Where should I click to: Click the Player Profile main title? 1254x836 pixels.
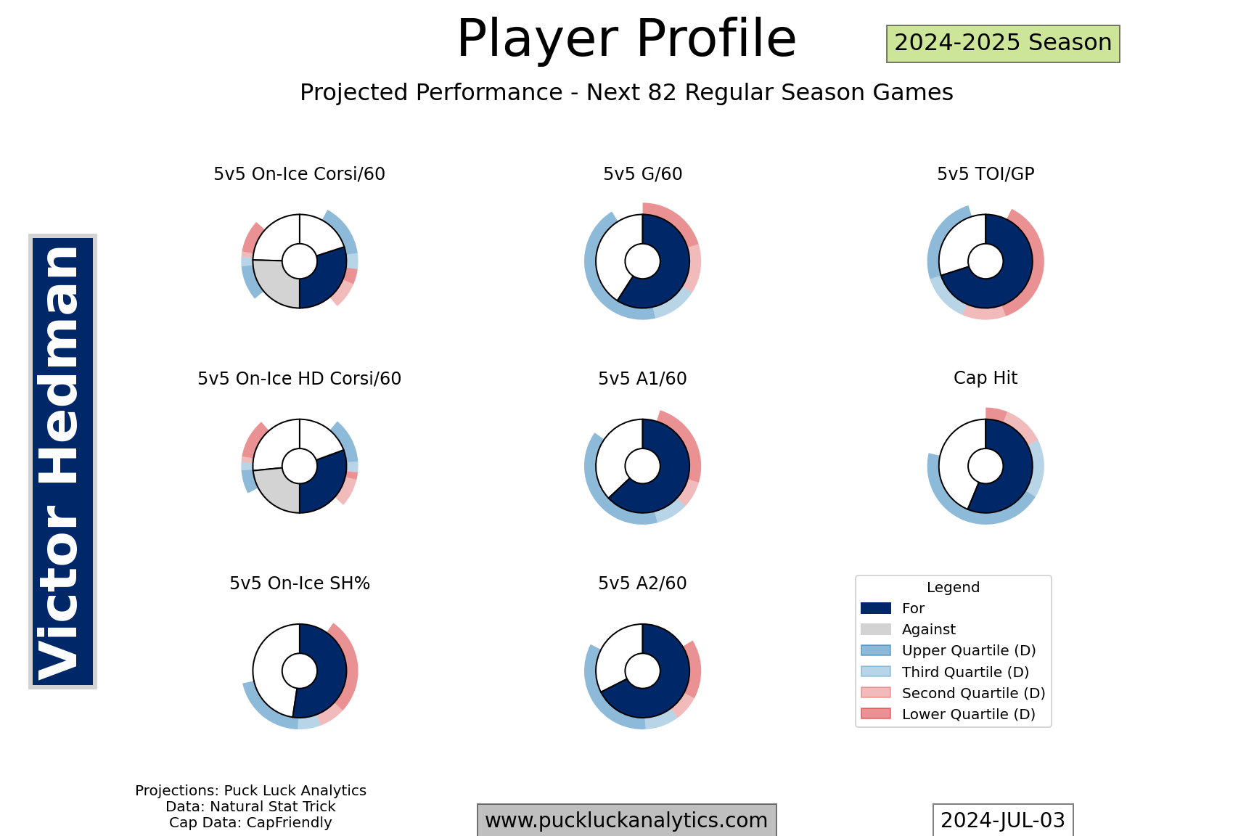click(x=626, y=38)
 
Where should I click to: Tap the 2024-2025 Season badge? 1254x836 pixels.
click(x=1003, y=44)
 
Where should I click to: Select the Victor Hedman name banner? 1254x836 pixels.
click(x=62, y=462)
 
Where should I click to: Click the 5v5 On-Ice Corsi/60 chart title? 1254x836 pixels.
click(x=299, y=174)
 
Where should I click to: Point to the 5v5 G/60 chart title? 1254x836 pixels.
click(x=642, y=174)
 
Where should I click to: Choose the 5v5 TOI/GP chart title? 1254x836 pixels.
click(x=985, y=174)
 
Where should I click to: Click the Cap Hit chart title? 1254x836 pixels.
click(x=985, y=378)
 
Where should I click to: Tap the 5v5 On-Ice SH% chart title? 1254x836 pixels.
click(x=300, y=583)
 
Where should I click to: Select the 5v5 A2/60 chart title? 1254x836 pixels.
click(x=642, y=583)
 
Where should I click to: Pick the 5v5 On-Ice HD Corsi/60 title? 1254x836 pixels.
click(x=299, y=379)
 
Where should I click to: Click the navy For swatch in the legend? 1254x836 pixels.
click(x=876, y=608)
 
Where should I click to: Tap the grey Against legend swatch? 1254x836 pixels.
click(x=876, y=629)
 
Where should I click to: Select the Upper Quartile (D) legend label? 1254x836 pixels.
click(x=969, y=651)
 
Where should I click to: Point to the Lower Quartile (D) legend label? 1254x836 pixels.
click(x=969, y=714)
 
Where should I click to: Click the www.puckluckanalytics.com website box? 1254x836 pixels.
click(x=626, y=820)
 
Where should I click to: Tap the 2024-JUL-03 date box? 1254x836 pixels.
click(x=1003, y=820)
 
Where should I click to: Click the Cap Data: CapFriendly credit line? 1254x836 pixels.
click(x=250, y=823)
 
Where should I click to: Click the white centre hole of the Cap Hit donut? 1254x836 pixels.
click(x=985, y=466)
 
